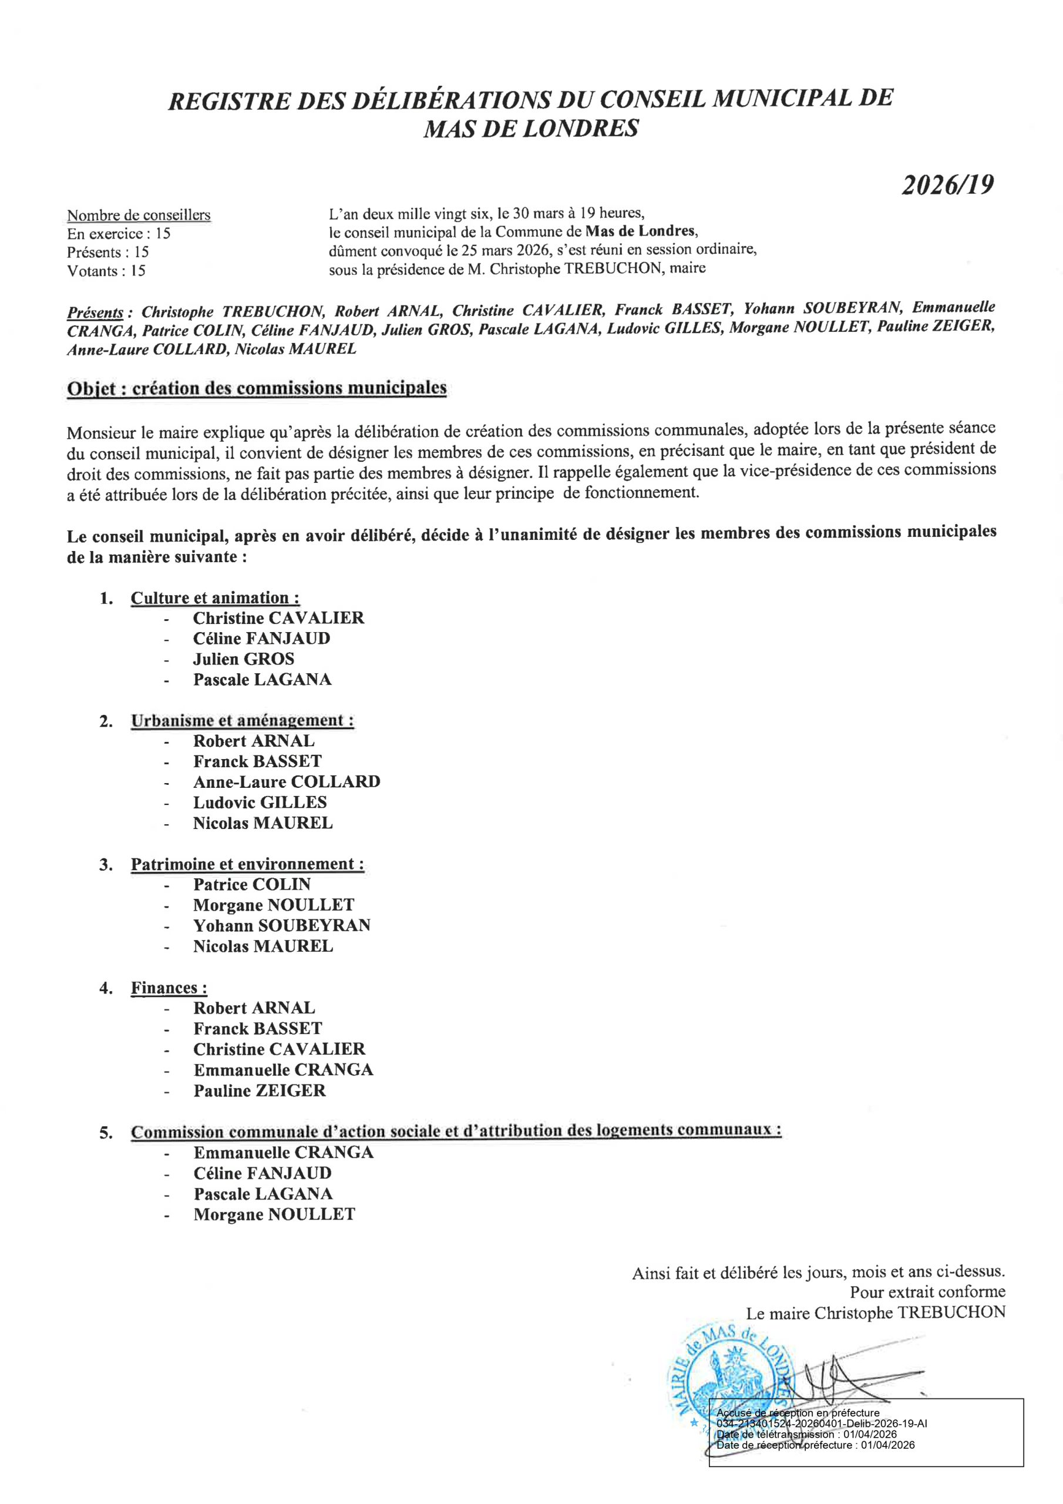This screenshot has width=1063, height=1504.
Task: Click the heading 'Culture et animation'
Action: (x=216, y=597)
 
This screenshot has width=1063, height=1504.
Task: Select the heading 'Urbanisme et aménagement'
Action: (x=243, y=720)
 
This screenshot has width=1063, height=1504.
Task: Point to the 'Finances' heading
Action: (x=169, y=987)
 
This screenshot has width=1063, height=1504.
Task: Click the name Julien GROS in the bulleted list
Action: (x=244, y=659)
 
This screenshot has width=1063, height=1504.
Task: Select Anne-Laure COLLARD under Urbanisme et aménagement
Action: (x=286, y=781)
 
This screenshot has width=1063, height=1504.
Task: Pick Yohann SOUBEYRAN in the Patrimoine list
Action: (x=282, y=925)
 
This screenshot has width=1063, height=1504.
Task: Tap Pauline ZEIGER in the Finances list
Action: (x=260, y=1090)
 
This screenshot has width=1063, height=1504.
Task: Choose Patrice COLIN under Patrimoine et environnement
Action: (x=251, y=884)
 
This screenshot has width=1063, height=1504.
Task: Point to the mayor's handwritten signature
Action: (x=852, y=1381)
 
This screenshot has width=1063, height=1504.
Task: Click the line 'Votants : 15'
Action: (x=106, y=270)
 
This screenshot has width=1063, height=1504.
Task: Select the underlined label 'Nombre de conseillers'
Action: (x=139, y=215)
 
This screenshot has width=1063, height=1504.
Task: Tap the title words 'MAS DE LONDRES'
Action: (x=530, y=129)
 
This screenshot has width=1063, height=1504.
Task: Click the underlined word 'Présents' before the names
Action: (x=95, y=312)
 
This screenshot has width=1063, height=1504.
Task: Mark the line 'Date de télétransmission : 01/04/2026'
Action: (x=806, y=1435)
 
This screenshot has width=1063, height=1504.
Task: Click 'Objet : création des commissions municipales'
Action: (x=257, y=388)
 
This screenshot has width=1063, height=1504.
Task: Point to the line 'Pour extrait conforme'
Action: (x=927, y=1292)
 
